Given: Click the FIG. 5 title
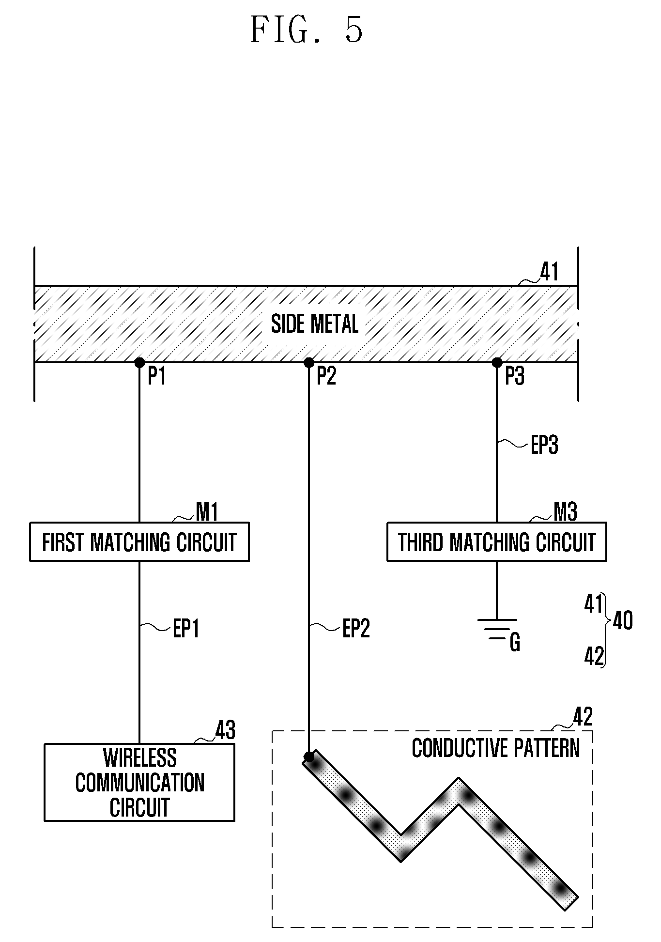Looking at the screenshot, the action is [307, 30].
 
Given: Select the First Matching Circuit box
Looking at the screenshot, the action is [139, 541].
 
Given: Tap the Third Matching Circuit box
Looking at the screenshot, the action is [497, 541].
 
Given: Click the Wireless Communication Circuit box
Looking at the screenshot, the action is [139, 782].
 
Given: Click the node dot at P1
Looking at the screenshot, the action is [139, 362].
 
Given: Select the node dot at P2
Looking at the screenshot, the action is [309, 362].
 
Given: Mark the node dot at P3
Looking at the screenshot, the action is [497, 362].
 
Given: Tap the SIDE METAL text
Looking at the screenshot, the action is [315, 324].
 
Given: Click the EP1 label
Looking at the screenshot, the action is [186, 629].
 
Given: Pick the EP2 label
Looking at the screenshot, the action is [356, 629].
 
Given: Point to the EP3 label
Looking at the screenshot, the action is [544, 445].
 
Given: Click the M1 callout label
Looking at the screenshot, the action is [207, 511].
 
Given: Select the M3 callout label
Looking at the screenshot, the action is [565, 511].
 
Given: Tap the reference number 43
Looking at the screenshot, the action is [225, 730].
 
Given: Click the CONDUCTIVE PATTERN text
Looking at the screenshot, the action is [496, 748].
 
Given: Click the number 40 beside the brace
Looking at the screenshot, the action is [623, 620].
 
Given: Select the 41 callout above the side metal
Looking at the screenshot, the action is [549, 272].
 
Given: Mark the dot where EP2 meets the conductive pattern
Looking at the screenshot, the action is [309, 757].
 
